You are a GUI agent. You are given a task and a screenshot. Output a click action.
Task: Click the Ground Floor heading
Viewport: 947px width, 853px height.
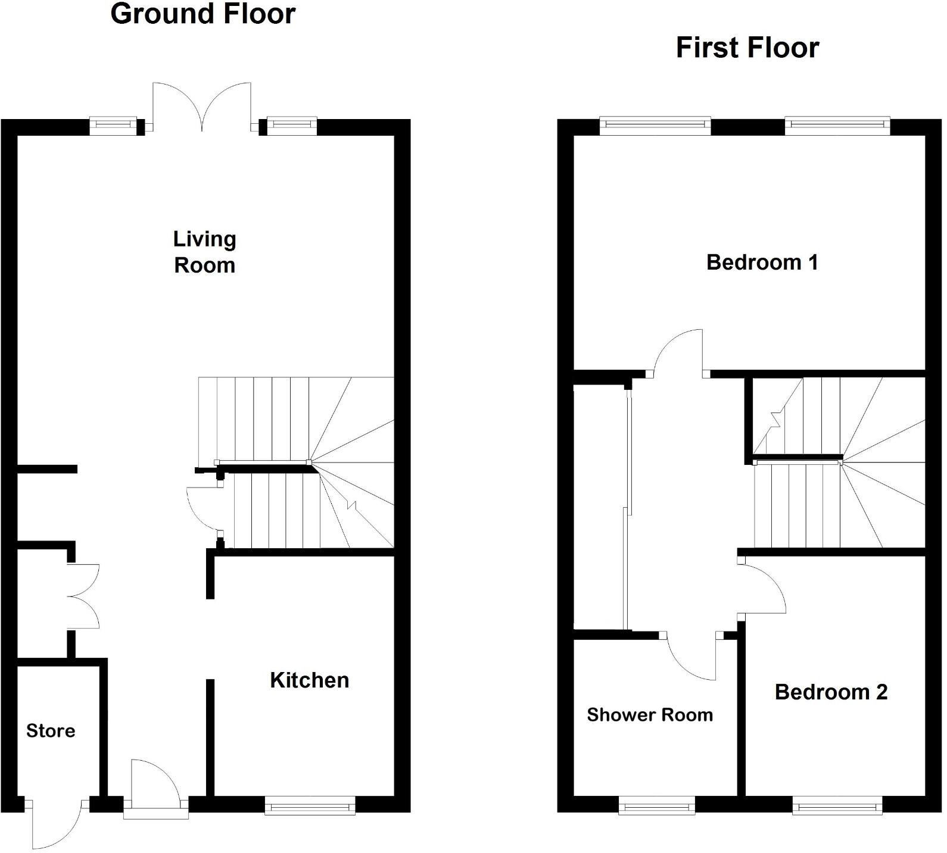203,14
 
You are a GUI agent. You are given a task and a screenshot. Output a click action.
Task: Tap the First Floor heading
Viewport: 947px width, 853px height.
747,48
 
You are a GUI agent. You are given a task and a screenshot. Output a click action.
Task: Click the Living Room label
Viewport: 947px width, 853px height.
204,252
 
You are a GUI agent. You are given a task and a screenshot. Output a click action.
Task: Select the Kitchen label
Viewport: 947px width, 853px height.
309,680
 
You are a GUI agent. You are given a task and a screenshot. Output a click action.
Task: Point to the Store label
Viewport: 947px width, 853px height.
51,731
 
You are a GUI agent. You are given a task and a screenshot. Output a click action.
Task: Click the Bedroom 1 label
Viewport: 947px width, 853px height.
762,263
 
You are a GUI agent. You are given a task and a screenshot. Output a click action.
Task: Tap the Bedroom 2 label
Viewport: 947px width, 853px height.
831,692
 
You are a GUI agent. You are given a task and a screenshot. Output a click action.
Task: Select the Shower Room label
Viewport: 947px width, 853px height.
649,715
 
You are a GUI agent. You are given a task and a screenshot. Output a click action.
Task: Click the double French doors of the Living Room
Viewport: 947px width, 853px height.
203,107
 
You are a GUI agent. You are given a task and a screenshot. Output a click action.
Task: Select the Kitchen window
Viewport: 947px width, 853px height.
309,808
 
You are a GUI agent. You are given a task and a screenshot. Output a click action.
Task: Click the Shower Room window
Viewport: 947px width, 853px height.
656,808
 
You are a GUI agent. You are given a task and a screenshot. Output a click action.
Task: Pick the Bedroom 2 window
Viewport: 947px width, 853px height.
837,808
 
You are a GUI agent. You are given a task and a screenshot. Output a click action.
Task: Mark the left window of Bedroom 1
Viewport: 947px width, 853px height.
655,124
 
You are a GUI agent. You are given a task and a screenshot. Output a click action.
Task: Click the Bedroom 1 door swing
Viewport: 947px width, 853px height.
679,353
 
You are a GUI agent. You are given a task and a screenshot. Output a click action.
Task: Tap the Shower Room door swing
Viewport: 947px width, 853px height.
691,658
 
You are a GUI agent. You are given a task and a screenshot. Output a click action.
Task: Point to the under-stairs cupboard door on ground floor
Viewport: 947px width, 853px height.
203,512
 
